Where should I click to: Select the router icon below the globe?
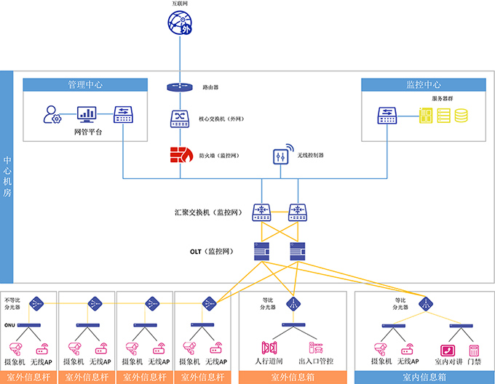177,87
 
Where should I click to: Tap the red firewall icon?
178,155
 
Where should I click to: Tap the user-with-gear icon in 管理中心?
52,115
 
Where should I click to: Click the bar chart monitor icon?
87,114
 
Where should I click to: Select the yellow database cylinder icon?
461,115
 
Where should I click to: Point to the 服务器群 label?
443,97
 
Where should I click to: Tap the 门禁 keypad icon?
474,350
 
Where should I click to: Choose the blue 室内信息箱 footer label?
424,377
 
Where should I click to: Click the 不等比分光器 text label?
14,303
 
